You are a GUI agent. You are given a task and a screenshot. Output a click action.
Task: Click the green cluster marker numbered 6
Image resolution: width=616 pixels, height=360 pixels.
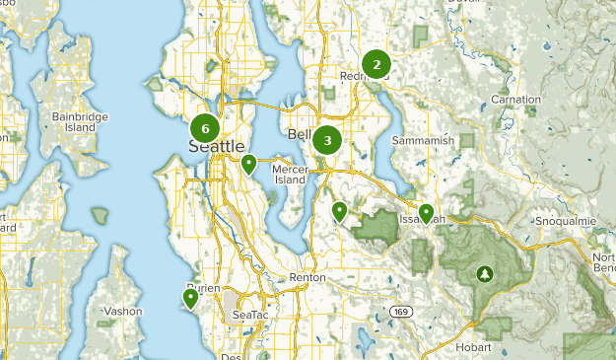pyautogui.click(x=205, y=127)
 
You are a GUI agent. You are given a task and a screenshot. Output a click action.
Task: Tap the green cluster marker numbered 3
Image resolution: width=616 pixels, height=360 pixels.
pyautogui.click(x=327, y=140)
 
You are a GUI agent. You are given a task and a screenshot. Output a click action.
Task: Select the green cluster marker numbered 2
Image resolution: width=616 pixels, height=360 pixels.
pyautogui.click(x=376, y=65)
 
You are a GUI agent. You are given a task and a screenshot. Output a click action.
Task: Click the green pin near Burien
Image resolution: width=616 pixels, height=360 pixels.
pyautogui.click(x=190, y=297)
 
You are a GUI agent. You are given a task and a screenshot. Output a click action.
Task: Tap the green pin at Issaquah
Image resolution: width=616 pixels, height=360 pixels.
pyautogui.click(x=426, y=213)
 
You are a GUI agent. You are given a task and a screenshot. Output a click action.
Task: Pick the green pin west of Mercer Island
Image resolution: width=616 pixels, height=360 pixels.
pyautogui.click(x=250, y=164)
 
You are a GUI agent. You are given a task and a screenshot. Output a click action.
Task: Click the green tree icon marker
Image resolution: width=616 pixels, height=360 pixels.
pyautogui.click(x=484, y=272)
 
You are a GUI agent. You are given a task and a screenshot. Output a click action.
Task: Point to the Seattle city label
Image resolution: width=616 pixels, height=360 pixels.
pyautogui.click(x=216, y=147)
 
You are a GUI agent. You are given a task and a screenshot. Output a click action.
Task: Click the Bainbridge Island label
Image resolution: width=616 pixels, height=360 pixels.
pyautogui.click(x=74, y=121)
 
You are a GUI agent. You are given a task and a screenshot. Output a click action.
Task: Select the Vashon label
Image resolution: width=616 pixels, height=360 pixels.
pyautogui.click(x=123, y=311)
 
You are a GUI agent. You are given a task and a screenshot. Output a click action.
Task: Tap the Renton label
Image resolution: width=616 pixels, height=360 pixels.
pyautogui.click(x=308, y=278)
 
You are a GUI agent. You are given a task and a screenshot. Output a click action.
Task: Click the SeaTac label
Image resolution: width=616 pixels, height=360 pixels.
pyautogui.click(x=249, y=315)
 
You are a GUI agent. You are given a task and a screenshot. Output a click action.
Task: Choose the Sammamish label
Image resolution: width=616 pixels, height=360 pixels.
pyautogui.click(x=423, y=141)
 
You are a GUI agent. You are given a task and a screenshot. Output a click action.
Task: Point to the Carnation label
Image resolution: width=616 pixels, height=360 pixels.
pyautogui.click(x=516, y=100)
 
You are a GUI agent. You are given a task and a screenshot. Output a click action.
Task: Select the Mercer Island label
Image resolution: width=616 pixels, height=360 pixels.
pyautogui.click(x=291, y=174)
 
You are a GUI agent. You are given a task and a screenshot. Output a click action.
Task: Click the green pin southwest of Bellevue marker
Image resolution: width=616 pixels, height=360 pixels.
pyautogui.click(x=340, y=210)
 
